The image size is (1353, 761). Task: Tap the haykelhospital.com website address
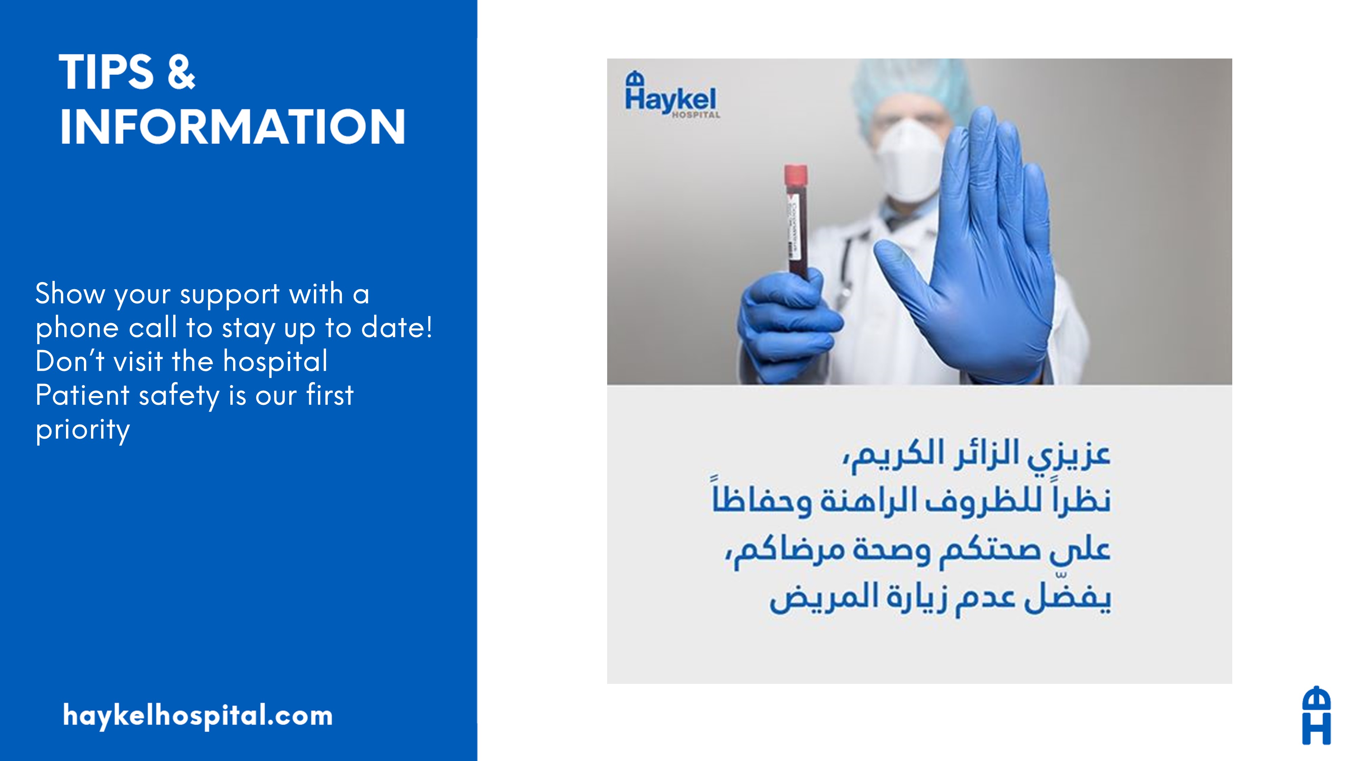(198, 716)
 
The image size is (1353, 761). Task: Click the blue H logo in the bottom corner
(1316, 715)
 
